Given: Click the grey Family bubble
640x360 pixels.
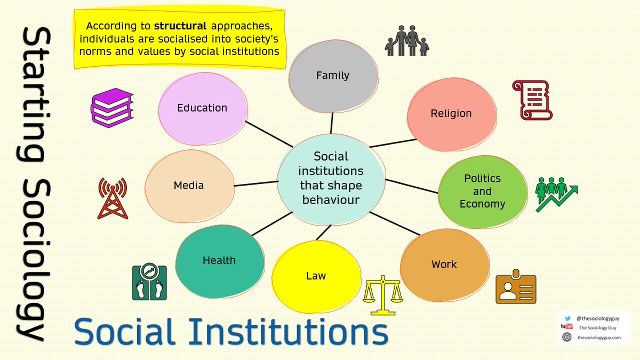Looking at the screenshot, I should coord(333,76).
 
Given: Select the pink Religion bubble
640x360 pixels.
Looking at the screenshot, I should coord(451,114).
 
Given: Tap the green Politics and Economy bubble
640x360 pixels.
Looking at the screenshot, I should coord(482,191).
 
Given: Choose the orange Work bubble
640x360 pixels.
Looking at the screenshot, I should coord(444,265).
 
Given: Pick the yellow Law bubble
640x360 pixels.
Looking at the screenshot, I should coord(316,276).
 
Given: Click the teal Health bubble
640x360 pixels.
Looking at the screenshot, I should coord(219,261).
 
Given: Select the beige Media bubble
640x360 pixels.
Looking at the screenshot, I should coord(189,186).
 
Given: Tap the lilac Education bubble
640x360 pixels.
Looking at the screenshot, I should coord(202,108).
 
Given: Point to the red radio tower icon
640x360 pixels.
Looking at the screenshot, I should coord(113,198).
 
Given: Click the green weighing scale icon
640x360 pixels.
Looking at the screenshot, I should coord(149,283).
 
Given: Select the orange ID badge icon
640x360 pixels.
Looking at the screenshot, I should coord(516,289).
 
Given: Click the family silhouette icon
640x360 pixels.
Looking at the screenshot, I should coord(407,42).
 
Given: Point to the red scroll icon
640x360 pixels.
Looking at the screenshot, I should coord(532,100).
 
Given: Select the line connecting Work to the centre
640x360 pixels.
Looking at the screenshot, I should coord(395,223).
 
